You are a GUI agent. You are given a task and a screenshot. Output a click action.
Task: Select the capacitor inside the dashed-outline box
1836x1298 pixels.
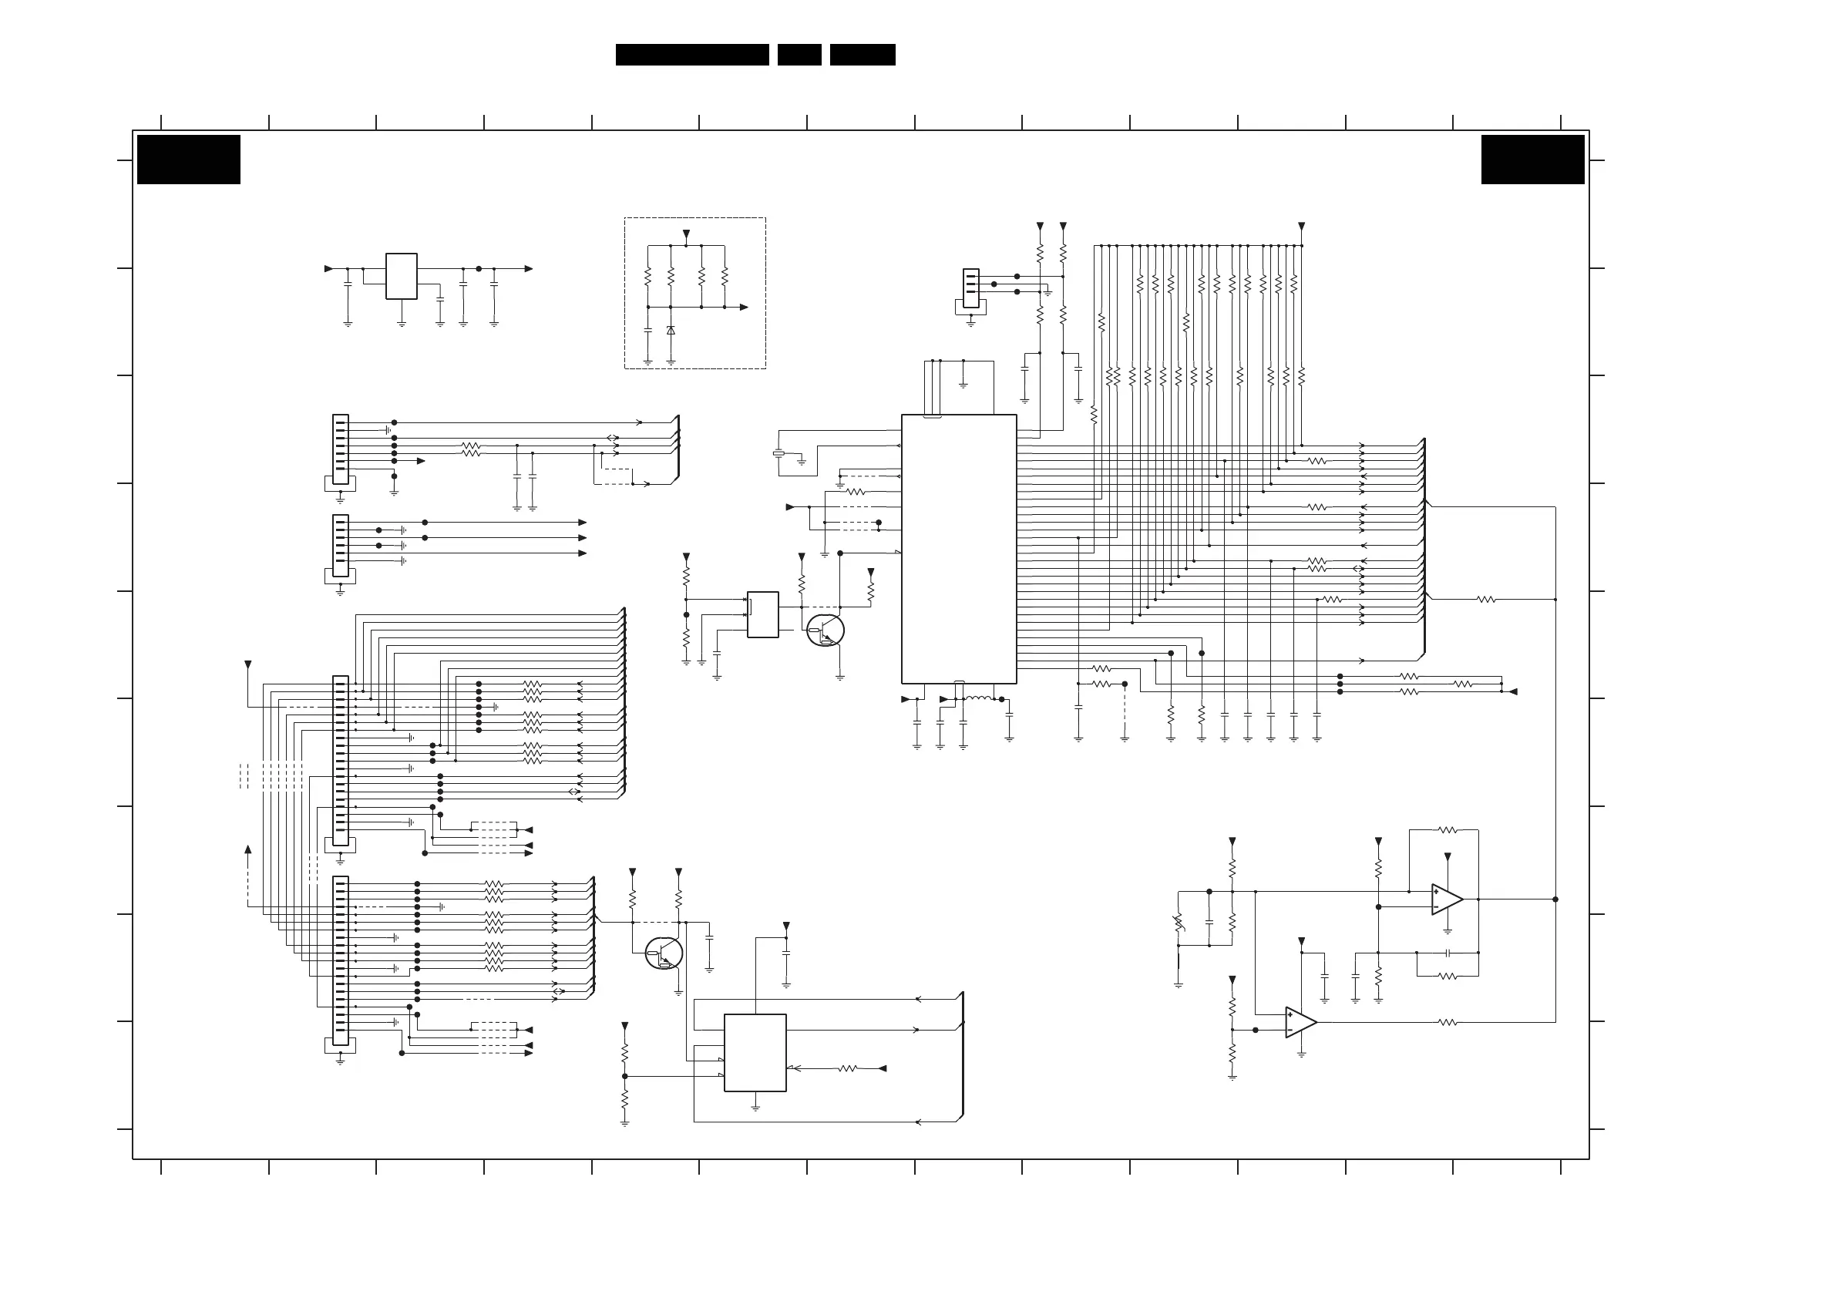647,329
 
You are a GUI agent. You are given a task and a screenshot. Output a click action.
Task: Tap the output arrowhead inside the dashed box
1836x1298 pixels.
744,307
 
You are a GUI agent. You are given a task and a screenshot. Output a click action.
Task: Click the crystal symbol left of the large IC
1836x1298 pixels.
778,454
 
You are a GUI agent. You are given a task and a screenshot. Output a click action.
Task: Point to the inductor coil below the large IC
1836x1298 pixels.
978,698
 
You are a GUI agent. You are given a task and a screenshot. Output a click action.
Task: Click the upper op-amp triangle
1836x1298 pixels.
1447,899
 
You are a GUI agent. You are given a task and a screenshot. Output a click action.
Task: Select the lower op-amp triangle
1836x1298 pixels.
1300,1022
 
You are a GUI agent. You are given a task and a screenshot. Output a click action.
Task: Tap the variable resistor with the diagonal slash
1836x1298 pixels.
1179,923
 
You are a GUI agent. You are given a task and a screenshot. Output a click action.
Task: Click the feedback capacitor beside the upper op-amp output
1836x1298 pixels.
1448,953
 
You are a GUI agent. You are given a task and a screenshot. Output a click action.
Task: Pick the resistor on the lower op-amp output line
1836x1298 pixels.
1448,1022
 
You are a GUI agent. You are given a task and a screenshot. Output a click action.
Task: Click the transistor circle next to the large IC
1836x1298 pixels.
826,631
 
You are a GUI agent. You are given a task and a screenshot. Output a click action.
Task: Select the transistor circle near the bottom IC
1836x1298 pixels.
664,953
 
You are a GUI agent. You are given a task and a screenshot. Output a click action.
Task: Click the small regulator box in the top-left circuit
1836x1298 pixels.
402,277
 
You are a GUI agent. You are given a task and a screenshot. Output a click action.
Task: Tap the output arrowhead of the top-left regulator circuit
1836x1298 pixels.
529,269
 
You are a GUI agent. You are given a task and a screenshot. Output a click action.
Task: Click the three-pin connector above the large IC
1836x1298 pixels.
970,288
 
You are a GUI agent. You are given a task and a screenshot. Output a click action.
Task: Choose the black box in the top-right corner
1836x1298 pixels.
1532,159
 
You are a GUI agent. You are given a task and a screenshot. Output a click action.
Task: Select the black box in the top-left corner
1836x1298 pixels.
189,159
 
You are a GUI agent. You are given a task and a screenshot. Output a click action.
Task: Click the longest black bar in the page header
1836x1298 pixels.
691,55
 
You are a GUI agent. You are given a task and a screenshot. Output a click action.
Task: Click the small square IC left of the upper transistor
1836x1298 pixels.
763,614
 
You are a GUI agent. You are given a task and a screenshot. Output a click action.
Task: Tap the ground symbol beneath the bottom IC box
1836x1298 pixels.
755,1108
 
